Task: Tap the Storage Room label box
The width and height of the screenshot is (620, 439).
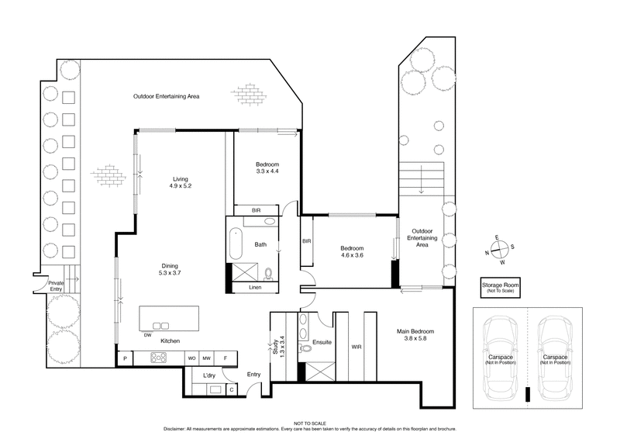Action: tap(500, 288)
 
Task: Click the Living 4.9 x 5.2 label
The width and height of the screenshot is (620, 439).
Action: tap(181, 182)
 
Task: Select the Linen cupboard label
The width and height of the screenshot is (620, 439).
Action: tap(255, 288)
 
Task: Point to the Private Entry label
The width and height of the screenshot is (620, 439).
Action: tap(57, 285)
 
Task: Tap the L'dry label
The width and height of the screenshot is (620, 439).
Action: tap(208, 375)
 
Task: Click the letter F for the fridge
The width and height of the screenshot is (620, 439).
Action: tap(226, 358)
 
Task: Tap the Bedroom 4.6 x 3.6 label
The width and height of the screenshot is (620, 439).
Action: tap(353, 252)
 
